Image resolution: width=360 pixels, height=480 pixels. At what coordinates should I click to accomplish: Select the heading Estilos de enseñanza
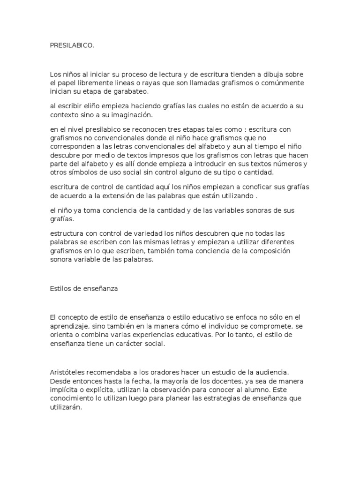click(83, 289)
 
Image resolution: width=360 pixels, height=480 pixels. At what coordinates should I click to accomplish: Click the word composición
click(269, 251)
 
